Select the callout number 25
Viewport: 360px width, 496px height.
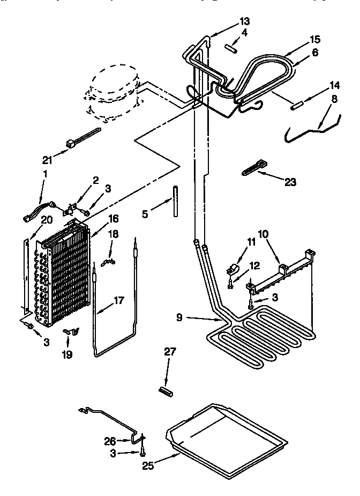(x=148, y=466)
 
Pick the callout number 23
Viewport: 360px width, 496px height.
(x=290, y=182)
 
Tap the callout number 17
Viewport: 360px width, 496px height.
(x=119, y=300)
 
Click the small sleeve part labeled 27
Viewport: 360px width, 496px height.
(x=166, y=390)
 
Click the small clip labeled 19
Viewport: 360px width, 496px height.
(x=70, y=333)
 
